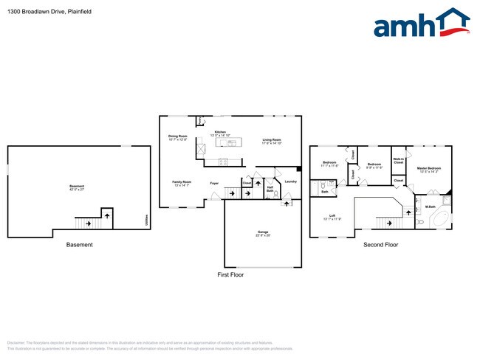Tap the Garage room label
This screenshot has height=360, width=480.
pos(263,234)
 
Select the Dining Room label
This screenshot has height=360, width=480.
pos(178,136)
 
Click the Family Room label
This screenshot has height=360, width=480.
pos(182,182)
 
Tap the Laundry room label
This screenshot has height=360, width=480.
pos(290,181)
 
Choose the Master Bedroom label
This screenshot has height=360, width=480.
pos(429,170)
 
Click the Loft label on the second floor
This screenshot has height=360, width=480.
pos(329,216)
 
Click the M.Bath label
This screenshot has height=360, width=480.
pos(429,207)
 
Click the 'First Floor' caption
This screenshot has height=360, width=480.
pos(230,274)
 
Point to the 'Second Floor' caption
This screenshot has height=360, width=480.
pos(380,244)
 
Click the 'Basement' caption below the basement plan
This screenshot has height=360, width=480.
pos(80,244)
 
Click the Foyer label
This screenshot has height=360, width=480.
pos(214,182)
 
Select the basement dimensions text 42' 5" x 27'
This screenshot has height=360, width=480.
pos(77,189)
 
